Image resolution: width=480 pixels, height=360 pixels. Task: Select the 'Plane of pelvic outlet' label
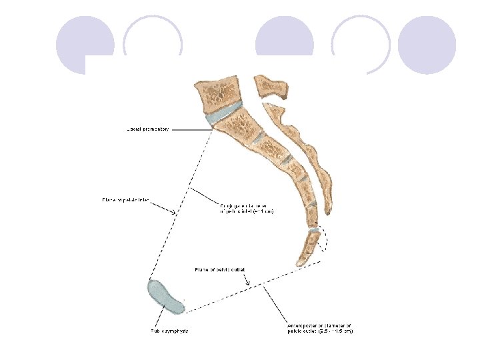pos(220,269)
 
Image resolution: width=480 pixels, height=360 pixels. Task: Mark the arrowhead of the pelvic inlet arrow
pos(174,213)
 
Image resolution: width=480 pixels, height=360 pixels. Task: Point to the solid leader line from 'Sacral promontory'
pos(190,129)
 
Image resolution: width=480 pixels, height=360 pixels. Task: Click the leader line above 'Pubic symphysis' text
pos(164,317)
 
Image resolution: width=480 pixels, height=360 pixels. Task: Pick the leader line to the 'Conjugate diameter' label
pos(203,197)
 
